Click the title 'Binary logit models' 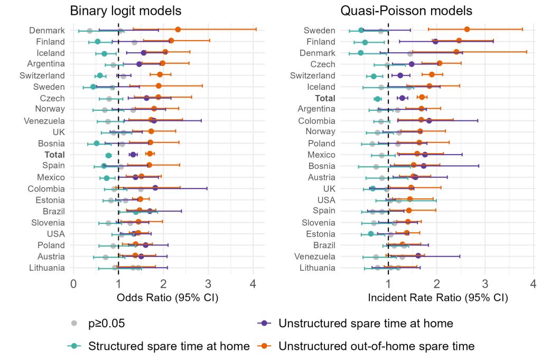pyautogui.click(x=126, y=11)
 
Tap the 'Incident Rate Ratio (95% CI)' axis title pyautogui.click(x=438, y=298)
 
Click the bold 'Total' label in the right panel pyautogui.click(x=325, y=98)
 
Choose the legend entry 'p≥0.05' pyautogui.click(x=105, y=324)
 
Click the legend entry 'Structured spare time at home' pyautogui.click(x=169, y=346)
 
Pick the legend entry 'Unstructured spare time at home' pyautogui.click(x=366, y=324)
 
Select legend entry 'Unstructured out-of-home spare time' pyautogui.click(x=376, y=346)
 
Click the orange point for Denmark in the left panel pyautogui.click(x=178, y=30)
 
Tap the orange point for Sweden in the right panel pyautogui.click(x=467, y=30)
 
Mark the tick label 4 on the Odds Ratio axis pyautogui.click(x=253, y=284)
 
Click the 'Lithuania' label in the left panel pyautogui.click(x=48, y=268)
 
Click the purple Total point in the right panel pyautogui.click(x=402, y=98)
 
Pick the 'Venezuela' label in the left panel pyautogui.click(x=46, y=121)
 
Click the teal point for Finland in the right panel pyautogui.click(x=365, y=42)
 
